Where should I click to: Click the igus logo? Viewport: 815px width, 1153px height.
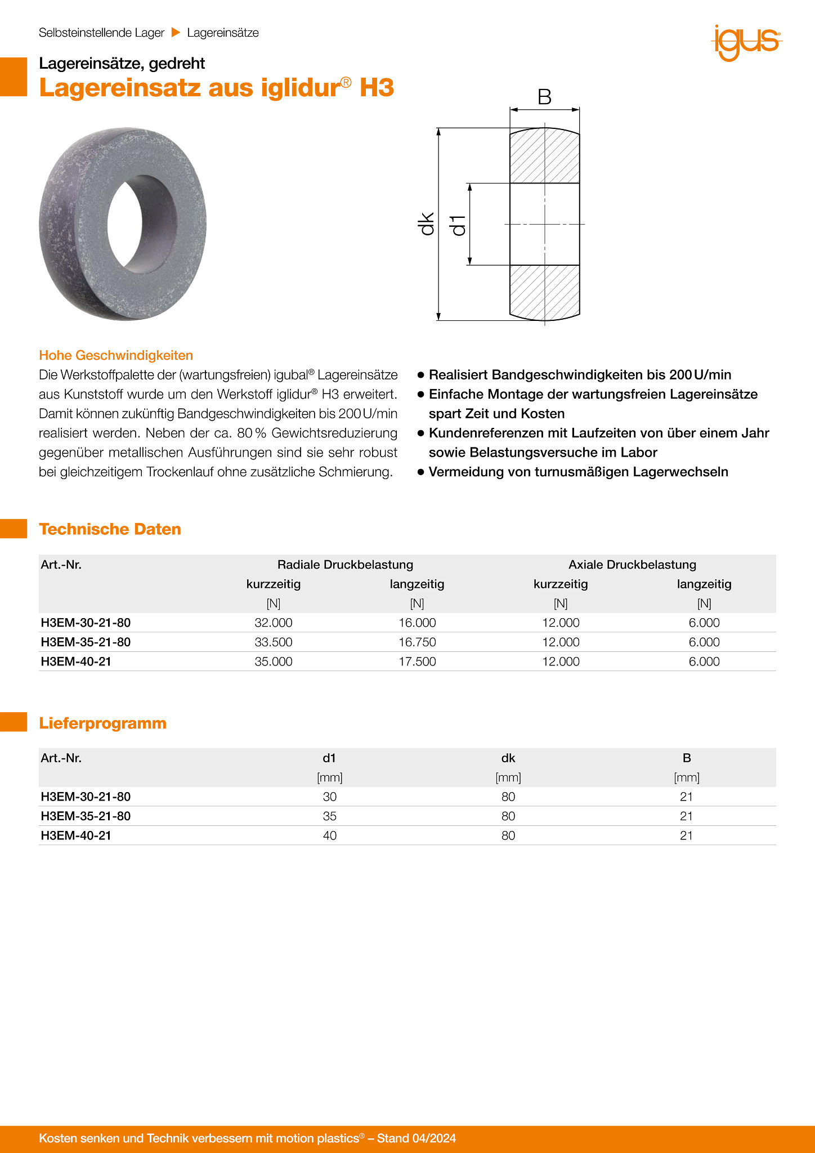point(747,42)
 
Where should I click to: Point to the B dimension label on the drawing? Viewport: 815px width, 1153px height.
point(544,97)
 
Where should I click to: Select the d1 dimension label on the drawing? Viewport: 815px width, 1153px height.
point(458,225)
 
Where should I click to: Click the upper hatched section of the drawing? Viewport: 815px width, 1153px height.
point(544,156)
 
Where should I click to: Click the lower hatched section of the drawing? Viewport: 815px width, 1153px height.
point(544,291)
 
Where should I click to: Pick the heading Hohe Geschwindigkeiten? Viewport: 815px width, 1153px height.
point(116,355)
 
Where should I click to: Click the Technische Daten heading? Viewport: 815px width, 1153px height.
point(110,529)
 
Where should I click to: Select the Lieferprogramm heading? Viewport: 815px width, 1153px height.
point(102,723)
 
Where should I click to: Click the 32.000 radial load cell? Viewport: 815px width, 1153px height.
point(274,623)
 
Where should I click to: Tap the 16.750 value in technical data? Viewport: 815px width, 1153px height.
point(417,642)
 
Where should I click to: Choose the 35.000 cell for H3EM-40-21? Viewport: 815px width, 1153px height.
point(274,662)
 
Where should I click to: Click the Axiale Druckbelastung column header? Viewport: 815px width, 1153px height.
point(632,565)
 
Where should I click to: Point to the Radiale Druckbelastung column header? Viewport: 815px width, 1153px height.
point(345,565)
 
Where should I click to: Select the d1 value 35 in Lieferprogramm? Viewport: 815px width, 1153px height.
point(330,816)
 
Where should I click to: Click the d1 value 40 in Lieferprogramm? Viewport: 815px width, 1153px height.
point(330,836)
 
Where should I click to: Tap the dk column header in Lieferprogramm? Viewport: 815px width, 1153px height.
point(508,758)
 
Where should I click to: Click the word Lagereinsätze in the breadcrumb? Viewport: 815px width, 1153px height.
point(223,33)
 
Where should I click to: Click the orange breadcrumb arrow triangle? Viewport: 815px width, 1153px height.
point(176,33)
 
